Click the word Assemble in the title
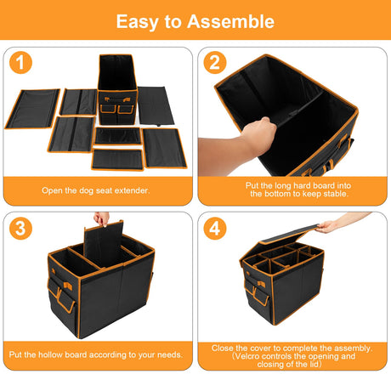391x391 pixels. [x=230, y=21]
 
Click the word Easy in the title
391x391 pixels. [x=137, y=22]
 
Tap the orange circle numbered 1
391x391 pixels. [x=20, y=62]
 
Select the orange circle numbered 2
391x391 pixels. [x=215, y=62]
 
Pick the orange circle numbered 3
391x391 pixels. [x=20, y=228]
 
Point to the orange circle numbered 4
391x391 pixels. [x=215, y=228]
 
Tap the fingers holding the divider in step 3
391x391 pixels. [x=101, y=218]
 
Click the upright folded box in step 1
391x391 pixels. [x=117, y=90]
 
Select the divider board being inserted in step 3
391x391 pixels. [x=104, y=244]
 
